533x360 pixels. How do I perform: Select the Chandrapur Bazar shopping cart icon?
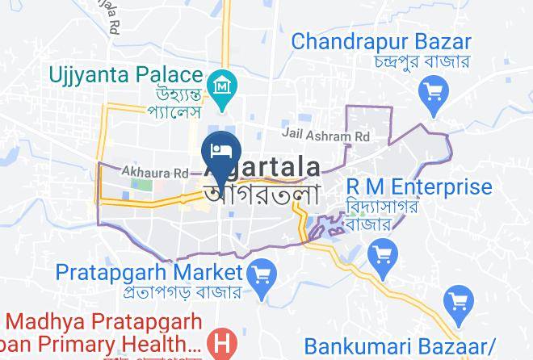(x=434, y=90)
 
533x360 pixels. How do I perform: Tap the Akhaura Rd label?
(x=154, y=172)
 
